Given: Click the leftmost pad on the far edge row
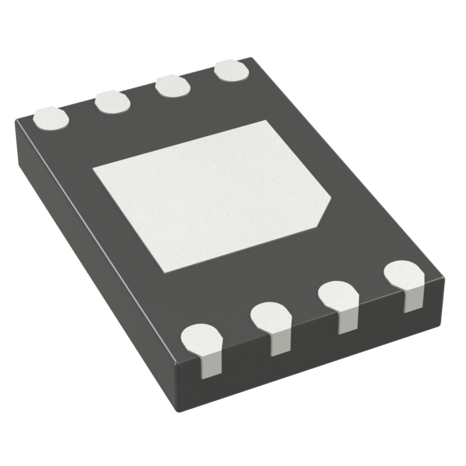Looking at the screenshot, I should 51,117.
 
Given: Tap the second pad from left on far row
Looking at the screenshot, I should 112,101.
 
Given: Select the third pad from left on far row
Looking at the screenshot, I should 173,86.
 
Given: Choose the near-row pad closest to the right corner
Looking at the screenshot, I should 403,275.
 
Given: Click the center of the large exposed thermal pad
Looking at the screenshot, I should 211,193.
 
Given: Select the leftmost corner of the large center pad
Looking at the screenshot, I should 93,169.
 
